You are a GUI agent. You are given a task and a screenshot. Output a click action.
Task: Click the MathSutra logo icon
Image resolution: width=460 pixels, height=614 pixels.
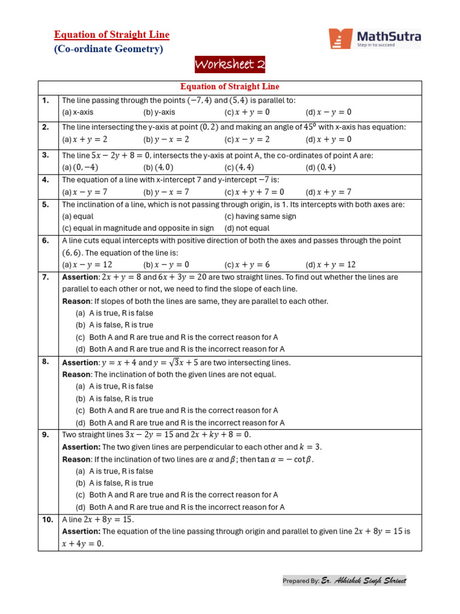(340, 38)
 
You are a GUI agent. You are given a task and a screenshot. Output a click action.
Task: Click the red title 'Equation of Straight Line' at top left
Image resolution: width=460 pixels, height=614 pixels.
(112, 35)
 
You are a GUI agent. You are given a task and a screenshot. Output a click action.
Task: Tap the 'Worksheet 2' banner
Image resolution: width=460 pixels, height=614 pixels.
(230, 65)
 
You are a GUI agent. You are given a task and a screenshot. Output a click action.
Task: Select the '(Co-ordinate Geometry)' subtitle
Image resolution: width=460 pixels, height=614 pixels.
(108, 49)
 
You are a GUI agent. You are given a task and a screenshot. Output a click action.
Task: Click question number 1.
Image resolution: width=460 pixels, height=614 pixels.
(46, 101)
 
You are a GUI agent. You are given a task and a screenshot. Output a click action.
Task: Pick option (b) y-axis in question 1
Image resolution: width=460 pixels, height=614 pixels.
(159, 112)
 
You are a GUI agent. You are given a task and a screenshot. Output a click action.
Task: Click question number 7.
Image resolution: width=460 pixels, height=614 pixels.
(46, 277)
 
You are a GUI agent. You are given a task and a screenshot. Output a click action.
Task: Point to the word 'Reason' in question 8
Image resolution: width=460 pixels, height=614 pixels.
(76, 374)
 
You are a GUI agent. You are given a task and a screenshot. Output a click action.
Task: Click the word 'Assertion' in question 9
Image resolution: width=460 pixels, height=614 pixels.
(81, 447)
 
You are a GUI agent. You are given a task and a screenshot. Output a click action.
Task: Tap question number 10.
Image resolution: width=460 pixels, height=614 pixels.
(47, 519)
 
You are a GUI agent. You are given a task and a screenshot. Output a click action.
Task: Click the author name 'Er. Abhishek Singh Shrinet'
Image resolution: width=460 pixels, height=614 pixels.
(364, 580)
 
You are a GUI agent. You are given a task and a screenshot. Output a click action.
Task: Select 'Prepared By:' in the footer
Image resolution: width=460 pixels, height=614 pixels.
(301, 581)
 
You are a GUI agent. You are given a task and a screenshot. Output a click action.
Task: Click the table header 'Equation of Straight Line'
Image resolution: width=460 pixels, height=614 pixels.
(230, 87)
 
